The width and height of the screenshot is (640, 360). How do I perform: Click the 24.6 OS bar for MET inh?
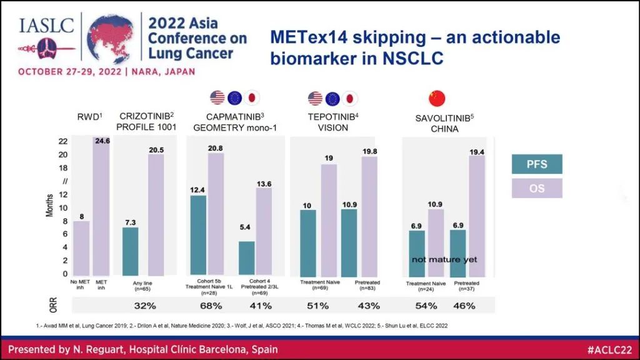click(x=101, y=206)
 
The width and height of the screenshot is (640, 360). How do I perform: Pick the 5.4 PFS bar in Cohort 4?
click(x=247, y=258)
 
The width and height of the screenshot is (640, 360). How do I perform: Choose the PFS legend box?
click(x=537, y=164)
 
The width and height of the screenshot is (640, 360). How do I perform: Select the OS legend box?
click(x=537, y=188)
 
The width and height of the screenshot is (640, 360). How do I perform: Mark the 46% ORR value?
click(x=463, y=306)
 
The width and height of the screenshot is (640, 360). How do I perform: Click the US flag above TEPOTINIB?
click(x=315, y=98)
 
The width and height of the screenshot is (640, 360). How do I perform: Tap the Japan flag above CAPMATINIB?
click(x=252, y=98)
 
